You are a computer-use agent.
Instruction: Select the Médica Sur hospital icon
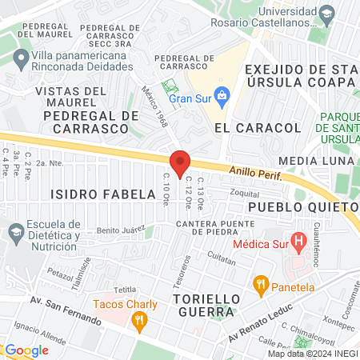point(298,239)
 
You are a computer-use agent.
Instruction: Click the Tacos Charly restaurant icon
point(140,322)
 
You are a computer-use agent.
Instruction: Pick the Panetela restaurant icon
point(260,283)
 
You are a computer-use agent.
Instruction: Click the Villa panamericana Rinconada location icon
point(18,58)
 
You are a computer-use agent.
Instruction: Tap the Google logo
point(26,350)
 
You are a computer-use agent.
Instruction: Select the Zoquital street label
point(245,194)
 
